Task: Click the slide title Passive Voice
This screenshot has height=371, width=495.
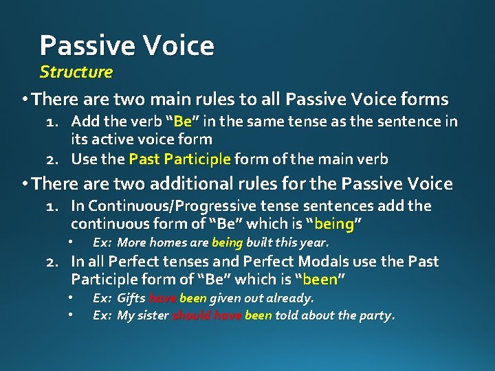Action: click(x=126, y=45)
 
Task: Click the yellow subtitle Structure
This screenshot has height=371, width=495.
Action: click(x=76, y=71)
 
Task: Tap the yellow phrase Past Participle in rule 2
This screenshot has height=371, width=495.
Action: click(x=179, y=159)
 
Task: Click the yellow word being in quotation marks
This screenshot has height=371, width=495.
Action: click(x=335, y=224)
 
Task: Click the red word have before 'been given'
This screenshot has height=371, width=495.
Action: click(x=162, y=298)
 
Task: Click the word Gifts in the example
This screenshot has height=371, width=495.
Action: click(x=131, y=298)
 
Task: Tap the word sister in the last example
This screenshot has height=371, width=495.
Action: click(x=153, y=316)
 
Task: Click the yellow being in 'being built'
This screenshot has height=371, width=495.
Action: click(x=227, y=243)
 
